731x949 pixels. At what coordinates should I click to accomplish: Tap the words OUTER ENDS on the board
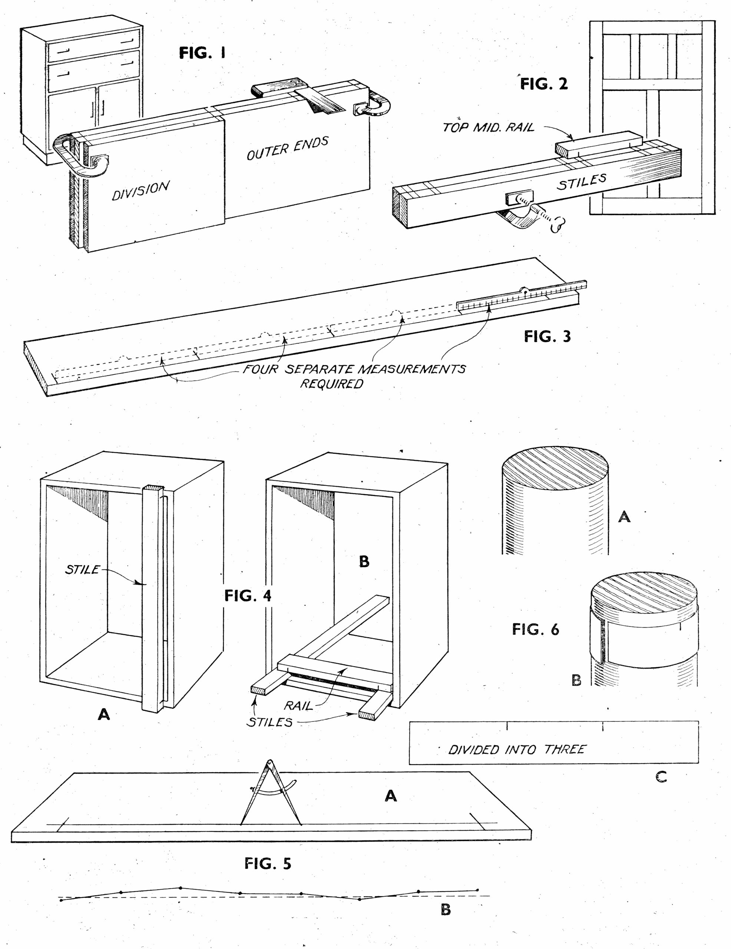[x=287, y=149]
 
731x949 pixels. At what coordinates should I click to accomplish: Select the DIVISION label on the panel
[x=140, y=191]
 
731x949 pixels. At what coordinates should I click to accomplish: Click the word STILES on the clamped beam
[x=582, y=182]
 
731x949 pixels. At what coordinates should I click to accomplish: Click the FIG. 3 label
[x=547, y=336]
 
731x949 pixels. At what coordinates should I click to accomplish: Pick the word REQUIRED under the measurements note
[x=332, y=384]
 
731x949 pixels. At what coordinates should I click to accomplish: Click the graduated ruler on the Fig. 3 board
[x=522, y=298]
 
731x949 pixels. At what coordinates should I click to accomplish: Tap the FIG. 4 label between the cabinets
[x=248, y=596]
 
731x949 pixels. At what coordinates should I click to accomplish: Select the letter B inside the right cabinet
[x=364, y=561]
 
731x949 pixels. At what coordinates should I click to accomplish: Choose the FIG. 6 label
[x=535, y=629]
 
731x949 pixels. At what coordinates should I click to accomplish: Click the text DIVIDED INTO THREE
[x=517, y=750]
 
